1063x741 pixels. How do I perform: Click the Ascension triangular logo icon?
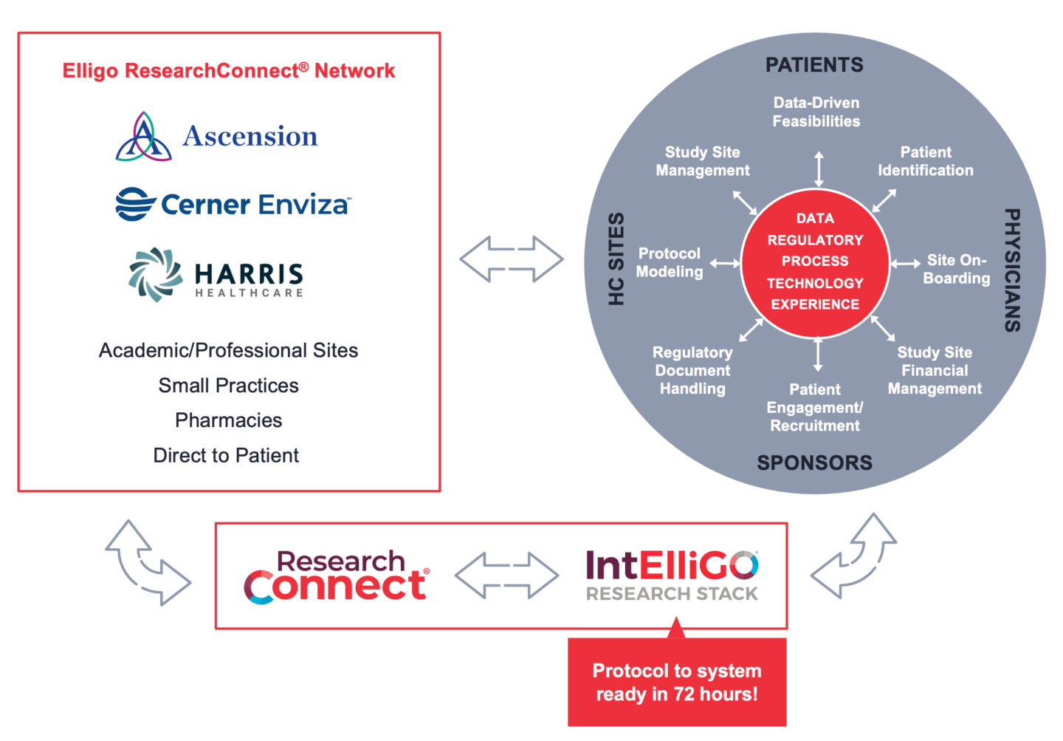click(143, 137)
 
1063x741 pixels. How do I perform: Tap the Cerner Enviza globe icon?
click(135, 204)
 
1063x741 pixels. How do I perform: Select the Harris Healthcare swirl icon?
click(156, 275)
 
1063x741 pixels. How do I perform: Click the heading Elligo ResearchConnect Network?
click(228, 71)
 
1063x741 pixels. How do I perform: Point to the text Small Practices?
click(228, 386)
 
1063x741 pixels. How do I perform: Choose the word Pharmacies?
click(228, 420)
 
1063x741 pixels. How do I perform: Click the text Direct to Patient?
click(226, 455)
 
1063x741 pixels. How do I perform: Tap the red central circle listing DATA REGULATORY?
click(815, 262)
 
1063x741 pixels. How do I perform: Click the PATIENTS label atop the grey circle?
click(814, 65)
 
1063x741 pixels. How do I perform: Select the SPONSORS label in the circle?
click(814, 463)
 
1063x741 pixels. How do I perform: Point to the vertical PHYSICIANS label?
click(1012, 270)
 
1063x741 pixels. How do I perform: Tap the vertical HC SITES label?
click(616, 259)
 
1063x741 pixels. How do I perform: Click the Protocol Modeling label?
click(670, 263)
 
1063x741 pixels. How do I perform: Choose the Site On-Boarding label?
click(957, 269)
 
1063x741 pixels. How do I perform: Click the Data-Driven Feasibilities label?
click(816, 112)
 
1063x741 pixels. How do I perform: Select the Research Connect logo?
click(336, 577)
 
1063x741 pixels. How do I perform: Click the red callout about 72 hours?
click(677, 683)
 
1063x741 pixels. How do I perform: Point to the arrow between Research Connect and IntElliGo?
click(506, 576)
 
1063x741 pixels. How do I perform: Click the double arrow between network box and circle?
click(512, 259)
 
